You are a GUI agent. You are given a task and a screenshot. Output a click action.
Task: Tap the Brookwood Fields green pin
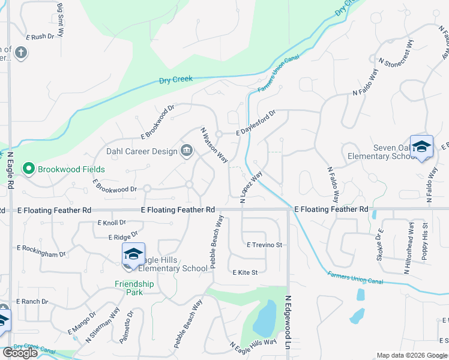(28, 169)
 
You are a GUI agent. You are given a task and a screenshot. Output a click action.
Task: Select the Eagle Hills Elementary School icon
(133, 254)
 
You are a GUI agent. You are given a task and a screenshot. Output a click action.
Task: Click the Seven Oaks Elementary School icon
(421, 147)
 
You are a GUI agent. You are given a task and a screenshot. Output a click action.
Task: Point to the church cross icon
(21, 53)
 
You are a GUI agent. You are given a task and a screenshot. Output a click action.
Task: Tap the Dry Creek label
(175, 79)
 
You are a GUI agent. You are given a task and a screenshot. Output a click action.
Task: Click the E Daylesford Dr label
(255, 122)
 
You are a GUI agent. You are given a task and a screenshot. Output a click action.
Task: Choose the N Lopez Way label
(252, 188)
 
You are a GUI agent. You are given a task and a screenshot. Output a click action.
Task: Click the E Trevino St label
(264, 245)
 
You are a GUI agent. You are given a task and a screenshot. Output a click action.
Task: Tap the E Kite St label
(245, 272)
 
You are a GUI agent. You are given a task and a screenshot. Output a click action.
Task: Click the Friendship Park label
(134, 288)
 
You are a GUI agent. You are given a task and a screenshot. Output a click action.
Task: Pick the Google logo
(20, 353)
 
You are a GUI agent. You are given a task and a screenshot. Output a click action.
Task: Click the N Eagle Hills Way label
(253, 348)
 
